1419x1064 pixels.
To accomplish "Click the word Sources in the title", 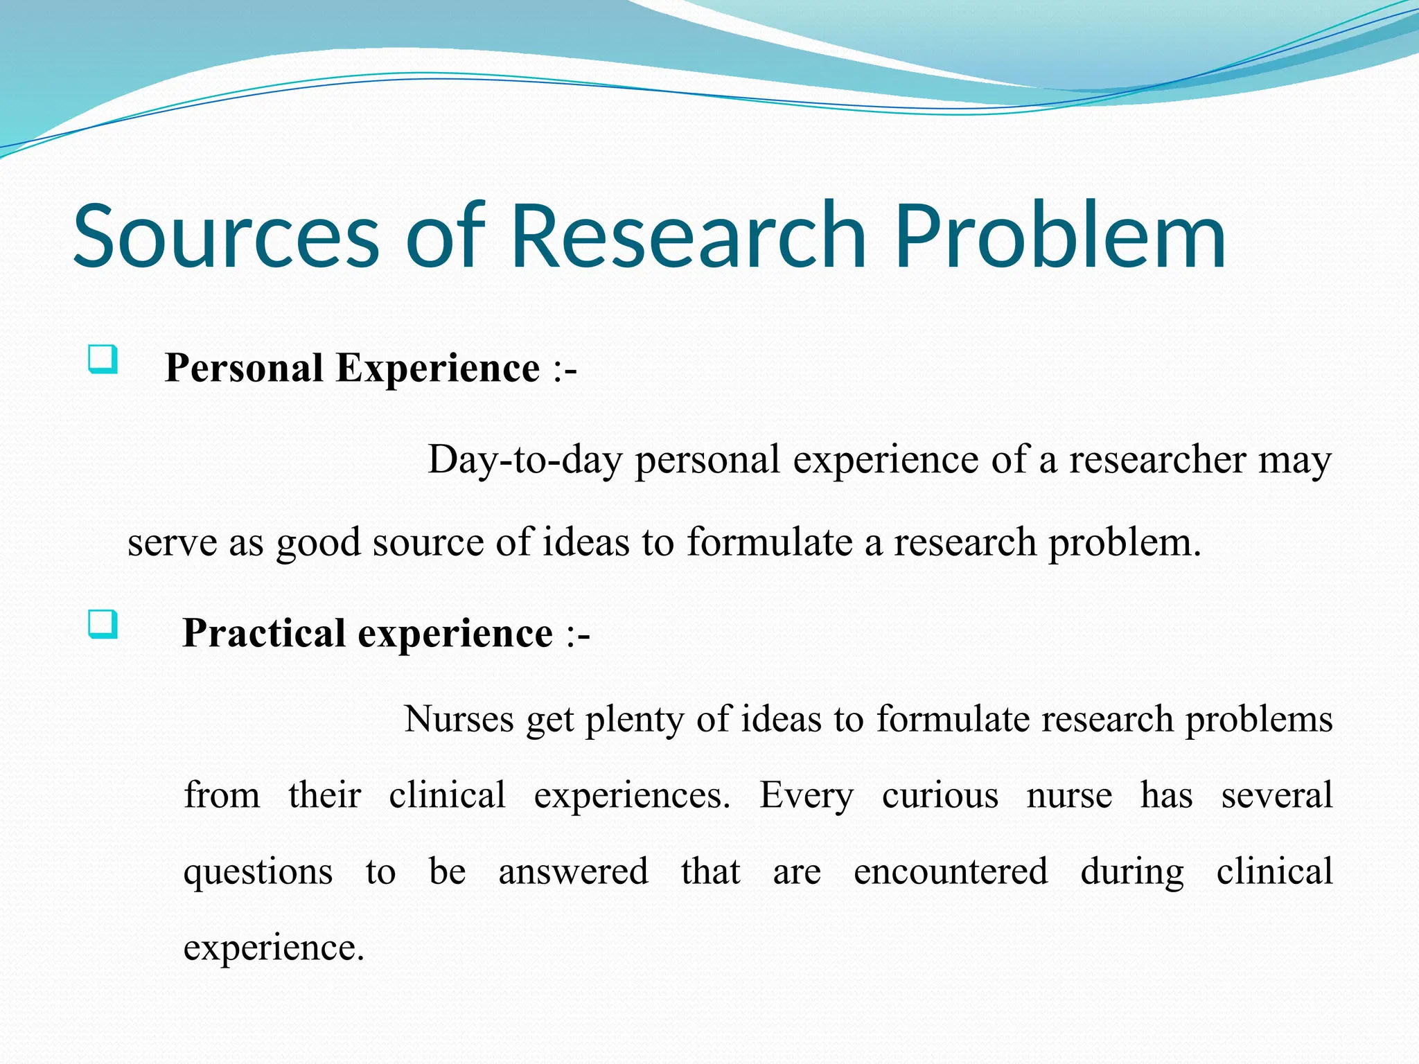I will tap(226, 236).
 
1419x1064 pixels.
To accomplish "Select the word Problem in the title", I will tap(1060, 236).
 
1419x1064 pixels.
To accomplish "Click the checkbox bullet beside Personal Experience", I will tap(103, 360).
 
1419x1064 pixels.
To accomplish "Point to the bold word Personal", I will tap(244, 368).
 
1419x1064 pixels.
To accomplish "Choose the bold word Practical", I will tap(263, 633).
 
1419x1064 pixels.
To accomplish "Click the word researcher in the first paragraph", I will tap(1157, 460).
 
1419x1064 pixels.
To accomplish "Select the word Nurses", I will tap(459, 719).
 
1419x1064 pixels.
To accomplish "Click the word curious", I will tap(940, 795).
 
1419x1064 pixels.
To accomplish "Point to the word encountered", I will tap(951, 871).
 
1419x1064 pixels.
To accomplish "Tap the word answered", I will tap(574, 871).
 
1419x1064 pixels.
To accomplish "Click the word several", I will tap(1276, 795).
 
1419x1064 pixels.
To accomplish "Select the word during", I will tap(1132, 871).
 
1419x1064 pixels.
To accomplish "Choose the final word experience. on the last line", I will tap(274, 948).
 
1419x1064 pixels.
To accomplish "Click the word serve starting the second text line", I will tap(172, 542).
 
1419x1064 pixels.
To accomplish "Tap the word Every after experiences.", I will tap(807, 795).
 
